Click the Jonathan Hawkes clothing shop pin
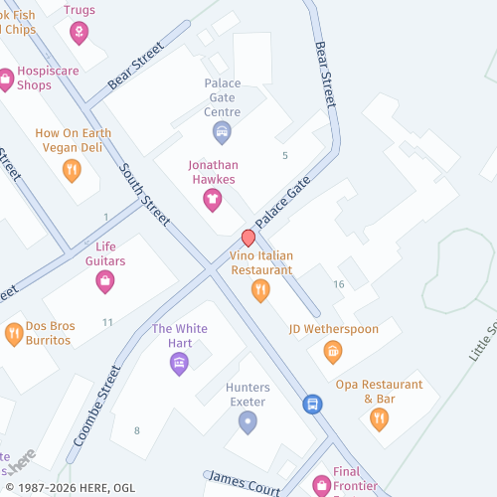212,199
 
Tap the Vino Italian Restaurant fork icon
260,289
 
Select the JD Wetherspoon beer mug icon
333,351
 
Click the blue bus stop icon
312,404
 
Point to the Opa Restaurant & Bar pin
379,418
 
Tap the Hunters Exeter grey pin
248,422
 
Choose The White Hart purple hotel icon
179,363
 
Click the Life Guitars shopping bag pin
104,281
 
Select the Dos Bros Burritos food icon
14,333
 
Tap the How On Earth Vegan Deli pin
72,170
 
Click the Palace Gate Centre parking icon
223,131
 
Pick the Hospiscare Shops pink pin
5,78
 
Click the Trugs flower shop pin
78,33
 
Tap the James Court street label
243,482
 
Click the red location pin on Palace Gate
248,238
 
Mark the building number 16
339,284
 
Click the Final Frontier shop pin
321,484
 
